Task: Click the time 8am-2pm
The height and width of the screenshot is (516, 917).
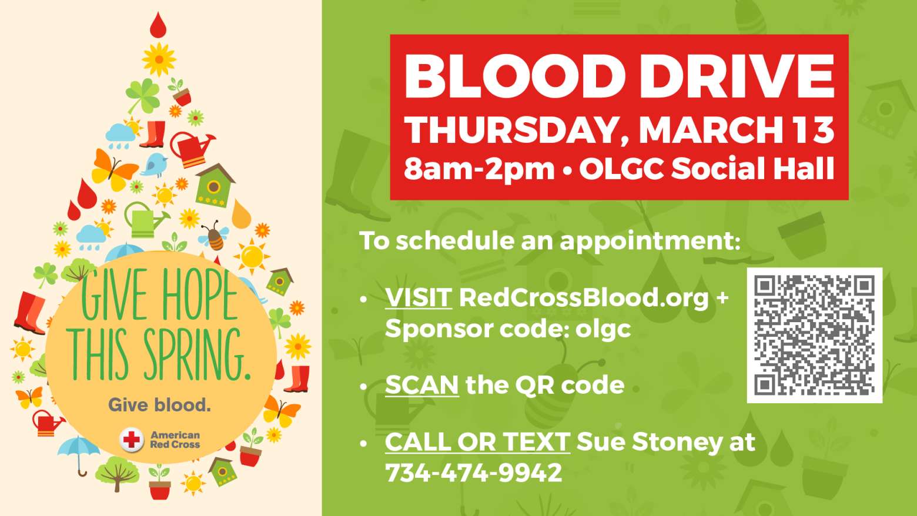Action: [479, 169]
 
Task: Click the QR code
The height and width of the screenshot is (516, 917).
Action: [814, 335]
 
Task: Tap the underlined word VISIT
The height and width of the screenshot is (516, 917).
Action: [419, 297]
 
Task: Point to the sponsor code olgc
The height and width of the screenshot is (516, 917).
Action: [603, 329]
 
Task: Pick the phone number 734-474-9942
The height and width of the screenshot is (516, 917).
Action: [474, 473]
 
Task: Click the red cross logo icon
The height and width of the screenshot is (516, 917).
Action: [132, 440]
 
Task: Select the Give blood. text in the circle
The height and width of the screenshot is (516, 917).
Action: [160, 405]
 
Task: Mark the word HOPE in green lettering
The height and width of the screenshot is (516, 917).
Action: [200, 295]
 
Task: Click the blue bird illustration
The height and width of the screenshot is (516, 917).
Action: [155, 165]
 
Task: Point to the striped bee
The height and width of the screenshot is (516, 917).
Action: [215, 236]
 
